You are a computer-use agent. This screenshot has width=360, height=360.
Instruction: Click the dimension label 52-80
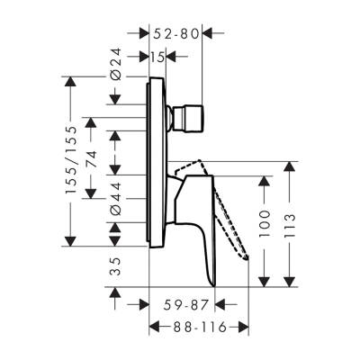point(176,34)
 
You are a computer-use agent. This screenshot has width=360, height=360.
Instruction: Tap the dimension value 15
point(158,57)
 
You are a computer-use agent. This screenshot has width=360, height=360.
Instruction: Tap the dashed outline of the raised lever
point(229,216)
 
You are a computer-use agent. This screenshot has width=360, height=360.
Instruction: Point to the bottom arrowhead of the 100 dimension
point(263,280)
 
